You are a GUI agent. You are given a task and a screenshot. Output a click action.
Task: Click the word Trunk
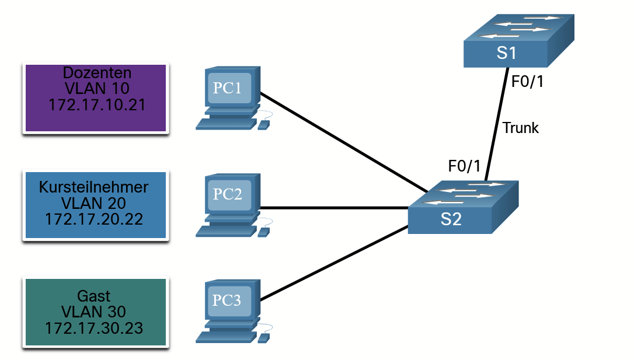click(521, 128)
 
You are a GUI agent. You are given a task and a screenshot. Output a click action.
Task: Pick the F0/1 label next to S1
click(527, 82)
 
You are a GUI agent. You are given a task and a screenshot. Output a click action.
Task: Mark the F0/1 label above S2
click(464, 166)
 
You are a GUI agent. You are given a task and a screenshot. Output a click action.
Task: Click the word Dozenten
click(96, 73)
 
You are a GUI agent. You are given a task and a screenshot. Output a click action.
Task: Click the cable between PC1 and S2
click(344, 142)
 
